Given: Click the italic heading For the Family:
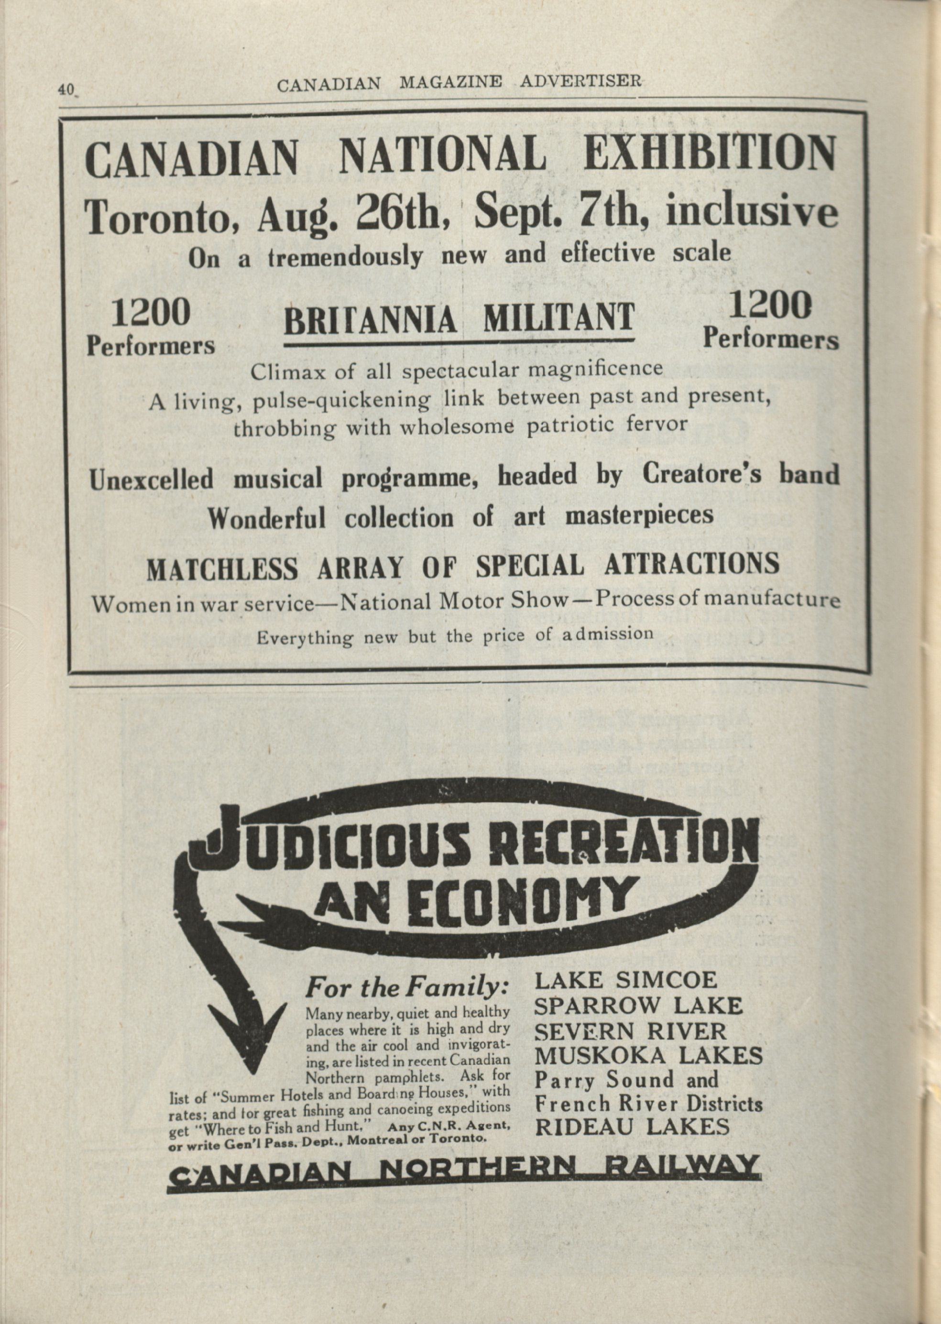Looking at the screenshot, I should click(x=407, y=988).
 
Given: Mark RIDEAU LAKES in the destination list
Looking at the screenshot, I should click(x=632, y=1127).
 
